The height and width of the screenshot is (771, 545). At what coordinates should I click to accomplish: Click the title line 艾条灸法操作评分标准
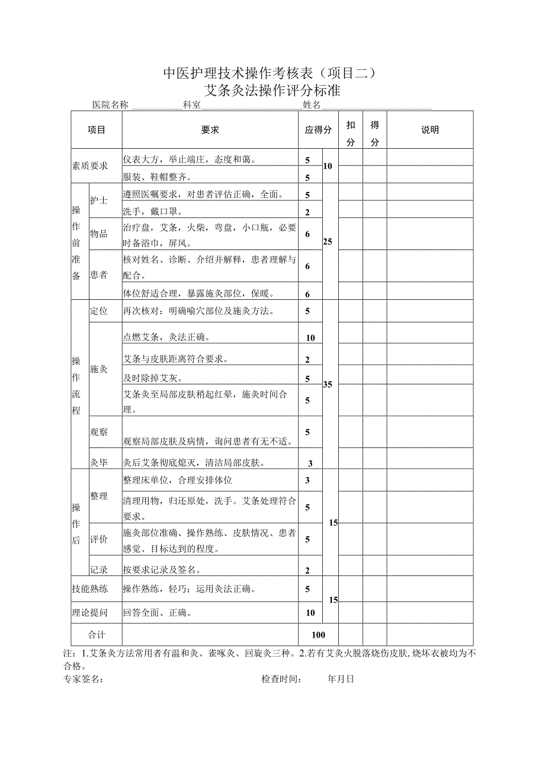click(x=272, y=91)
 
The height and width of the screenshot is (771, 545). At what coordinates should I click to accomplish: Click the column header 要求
click(x=210, y=130)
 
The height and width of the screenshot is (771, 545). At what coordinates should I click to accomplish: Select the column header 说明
click(x=429, y=130)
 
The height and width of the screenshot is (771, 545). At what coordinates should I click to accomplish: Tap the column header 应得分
click(x=318, y=130)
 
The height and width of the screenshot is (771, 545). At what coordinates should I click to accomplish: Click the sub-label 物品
click(x=98, y=234)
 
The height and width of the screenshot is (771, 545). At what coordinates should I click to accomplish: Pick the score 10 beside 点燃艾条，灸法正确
click(x=310, y=338)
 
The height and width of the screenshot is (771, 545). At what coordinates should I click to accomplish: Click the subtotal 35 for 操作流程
click(x=328, y=385)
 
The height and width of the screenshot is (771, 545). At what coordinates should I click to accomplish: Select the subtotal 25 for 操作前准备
click(x=328, y=242)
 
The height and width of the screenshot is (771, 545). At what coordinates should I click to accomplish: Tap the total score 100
click(x=318, y=635)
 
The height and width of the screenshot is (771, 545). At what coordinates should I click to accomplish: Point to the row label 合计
click(x=97, y=635)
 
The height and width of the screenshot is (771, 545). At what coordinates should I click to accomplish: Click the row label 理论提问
click(x=89, y=613)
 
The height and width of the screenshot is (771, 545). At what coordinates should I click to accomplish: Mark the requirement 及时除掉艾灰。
click(x=153, y=379)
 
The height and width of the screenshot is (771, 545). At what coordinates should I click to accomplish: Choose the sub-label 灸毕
click(x=98, y=463)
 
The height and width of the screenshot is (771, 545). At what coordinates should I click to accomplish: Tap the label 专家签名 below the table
click(x=83, y=679)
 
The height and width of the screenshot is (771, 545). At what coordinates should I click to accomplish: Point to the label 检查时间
click(x=281, y=679)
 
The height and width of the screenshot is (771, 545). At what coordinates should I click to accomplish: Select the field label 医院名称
click(x=110, y=105)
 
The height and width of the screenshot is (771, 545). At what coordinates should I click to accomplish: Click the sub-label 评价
click(x=98, y=539)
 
